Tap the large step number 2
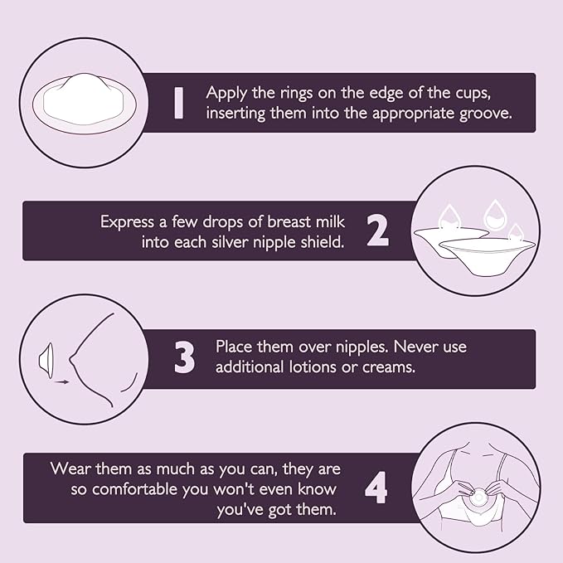point(377,231)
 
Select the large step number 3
point(184,359)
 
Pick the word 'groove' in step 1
point(485,114)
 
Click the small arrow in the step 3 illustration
point(62,382)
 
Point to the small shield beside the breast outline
point(49,358)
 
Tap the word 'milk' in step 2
point(323,221)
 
